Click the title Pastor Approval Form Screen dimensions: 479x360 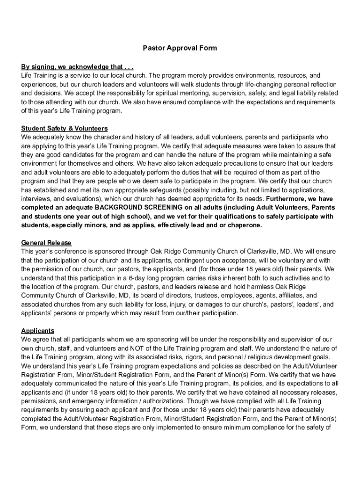(x=180, y=48)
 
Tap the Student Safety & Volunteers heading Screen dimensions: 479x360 (x=65, y=128)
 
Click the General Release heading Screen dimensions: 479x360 (x=46, y=243)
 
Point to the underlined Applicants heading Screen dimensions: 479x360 (x=38, y=331)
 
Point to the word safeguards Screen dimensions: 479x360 (x=152, y=190)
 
